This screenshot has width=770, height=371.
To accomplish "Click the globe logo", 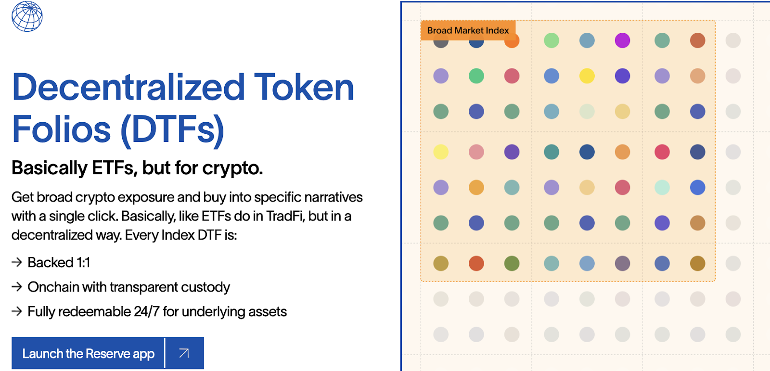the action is (27, 16).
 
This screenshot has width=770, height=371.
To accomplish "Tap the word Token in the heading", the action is (304, 87).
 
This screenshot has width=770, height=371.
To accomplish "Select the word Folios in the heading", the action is (61, 129).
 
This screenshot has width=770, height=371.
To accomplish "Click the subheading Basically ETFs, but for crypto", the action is (137, 168).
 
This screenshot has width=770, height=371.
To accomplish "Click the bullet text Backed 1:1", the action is (59, 263).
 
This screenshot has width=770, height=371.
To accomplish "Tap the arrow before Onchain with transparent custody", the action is (17, 287).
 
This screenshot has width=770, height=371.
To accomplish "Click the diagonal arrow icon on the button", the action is (184, 353).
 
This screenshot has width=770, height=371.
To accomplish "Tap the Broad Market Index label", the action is (468, 30).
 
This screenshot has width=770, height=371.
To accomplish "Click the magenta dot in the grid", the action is (622, 40).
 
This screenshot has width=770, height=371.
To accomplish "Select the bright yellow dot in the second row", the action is (587, 76).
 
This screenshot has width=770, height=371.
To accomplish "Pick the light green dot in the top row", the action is (552, 40).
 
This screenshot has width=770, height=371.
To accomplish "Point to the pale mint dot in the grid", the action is (662, 187).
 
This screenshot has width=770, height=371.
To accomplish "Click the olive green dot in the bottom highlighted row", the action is (512, 263).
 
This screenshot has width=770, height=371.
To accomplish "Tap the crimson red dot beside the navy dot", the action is (662, 152).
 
